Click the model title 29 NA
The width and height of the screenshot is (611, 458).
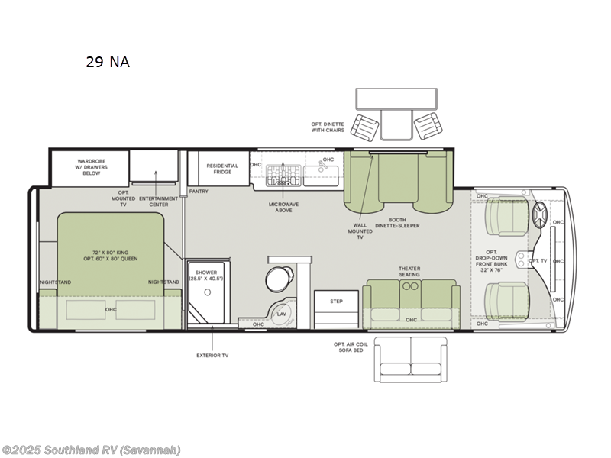[108, 63]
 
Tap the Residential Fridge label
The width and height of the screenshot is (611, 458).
[222, 168]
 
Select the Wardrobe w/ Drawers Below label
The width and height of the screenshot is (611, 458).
[92, 167]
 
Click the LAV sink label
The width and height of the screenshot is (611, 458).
[282, 314]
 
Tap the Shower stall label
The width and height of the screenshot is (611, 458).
[205, 275]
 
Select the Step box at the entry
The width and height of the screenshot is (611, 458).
[336, 302]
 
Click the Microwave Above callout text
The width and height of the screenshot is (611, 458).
[283, 207]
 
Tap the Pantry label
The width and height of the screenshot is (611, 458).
[199, 192]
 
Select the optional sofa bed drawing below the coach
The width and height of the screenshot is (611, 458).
[411, 358]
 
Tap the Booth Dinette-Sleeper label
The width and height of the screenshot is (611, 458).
[399, 223]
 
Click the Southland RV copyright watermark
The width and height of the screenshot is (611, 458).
[91, 450]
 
